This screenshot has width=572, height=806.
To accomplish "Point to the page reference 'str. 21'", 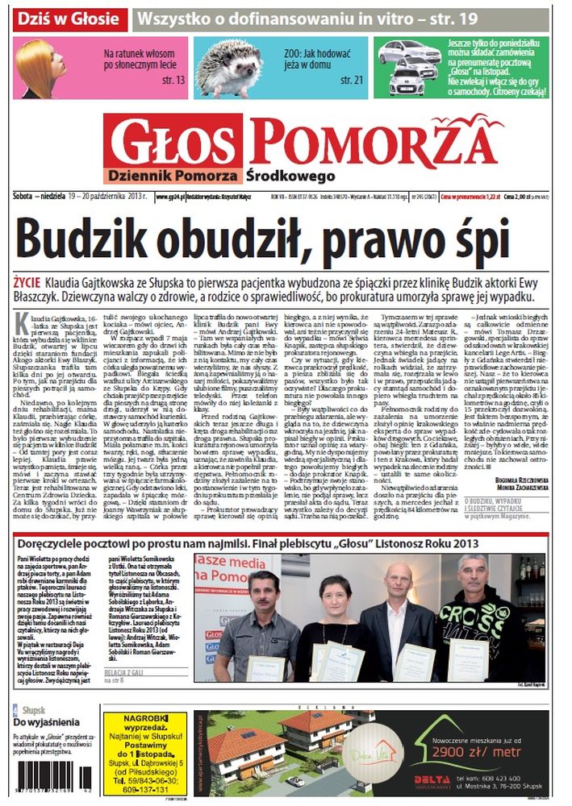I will coord(352,80).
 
